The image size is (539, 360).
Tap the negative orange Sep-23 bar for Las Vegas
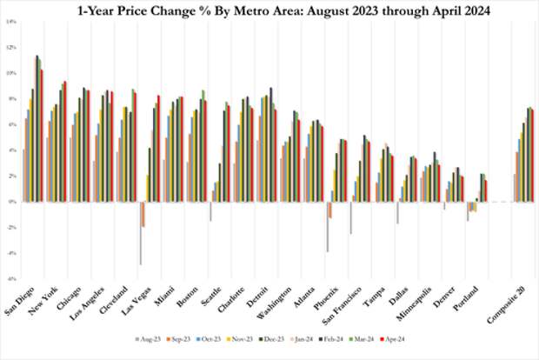[143, 214]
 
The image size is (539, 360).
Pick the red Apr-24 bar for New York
[65, 142]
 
